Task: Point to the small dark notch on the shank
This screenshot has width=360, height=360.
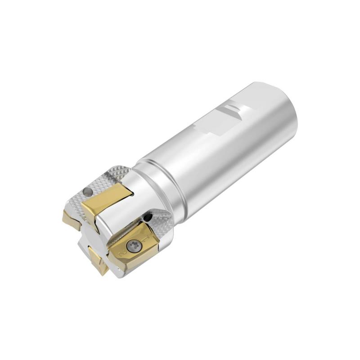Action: tap(231, 108)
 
